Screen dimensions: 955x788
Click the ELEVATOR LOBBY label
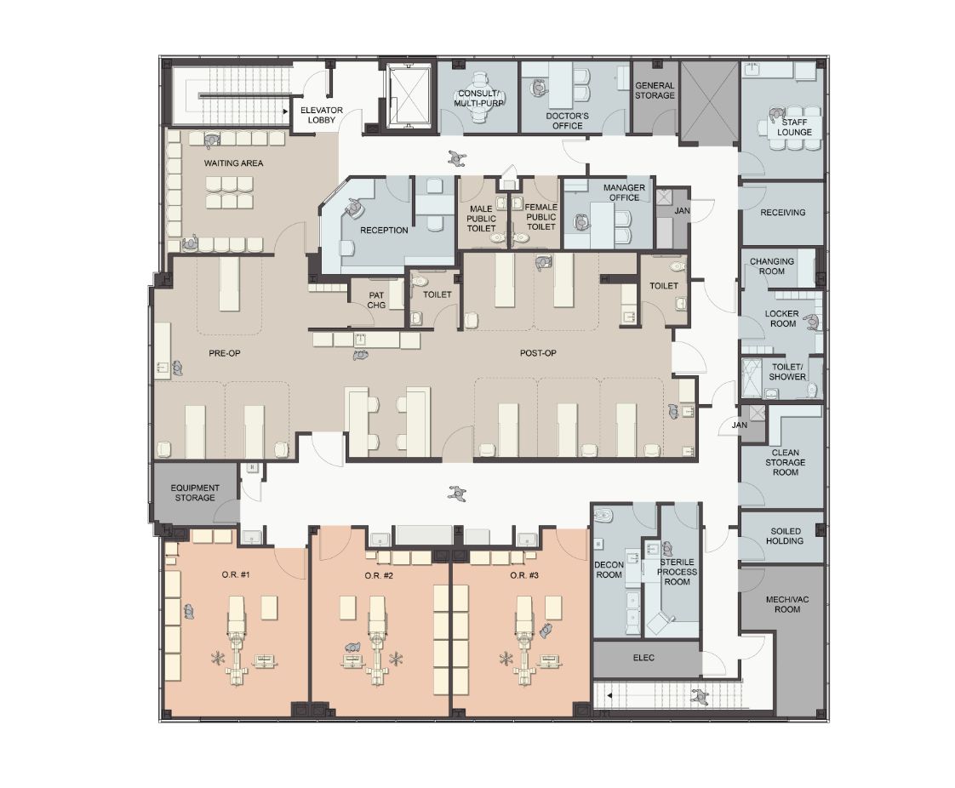(x=321, y=115)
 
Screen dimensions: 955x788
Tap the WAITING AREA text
(x=233, y=163)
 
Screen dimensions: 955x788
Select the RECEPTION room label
(x=384, y=231)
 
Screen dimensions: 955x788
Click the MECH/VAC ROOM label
(x=787, y=604)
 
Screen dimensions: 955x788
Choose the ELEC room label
(x=643, y=658)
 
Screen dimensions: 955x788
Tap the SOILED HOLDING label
(x=785, y=536)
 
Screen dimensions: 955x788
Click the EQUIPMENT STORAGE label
(x=195, y=493)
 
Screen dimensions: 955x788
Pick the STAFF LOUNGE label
(x=794, y=127)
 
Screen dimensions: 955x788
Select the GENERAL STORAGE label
(x=655, y=90)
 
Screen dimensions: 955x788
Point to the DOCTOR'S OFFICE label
(x=567, y=121)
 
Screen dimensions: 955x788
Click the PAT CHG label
(x=376, y=300)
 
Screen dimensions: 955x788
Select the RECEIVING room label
(x=782, y=213)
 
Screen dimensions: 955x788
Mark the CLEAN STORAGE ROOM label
(x=785, y=462)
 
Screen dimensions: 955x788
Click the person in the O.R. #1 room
(x=189, y=611)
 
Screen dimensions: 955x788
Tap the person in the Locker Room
(x=812, y=323)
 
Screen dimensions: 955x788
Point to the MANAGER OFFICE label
(x=624, y=192)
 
